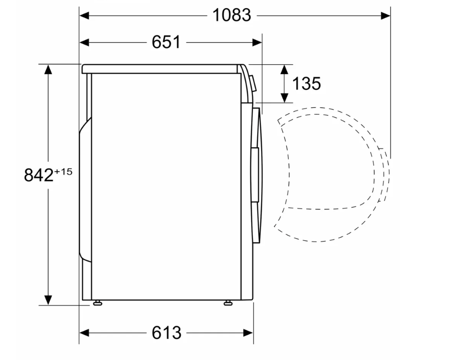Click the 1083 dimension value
232,15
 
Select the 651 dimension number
166,42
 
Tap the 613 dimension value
166,333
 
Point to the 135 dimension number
307,83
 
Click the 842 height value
38,175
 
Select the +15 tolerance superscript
63,172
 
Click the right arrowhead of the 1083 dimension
385,15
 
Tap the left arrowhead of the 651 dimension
84,43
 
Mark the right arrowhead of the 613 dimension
248,333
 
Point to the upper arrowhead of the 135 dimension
284,69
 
